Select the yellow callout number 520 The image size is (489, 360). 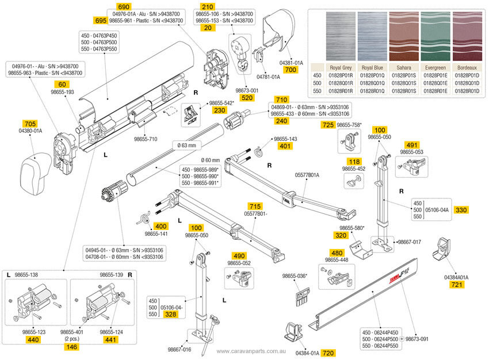click(x=247, y=98)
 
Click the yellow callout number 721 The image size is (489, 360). click(x=456, y=285)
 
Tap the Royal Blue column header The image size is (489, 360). click(x=372, y=67)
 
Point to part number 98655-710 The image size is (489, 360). click(x=145, y=139)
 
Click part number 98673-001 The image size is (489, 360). click(x=247, y=90)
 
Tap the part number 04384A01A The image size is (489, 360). click(x=456, y=277)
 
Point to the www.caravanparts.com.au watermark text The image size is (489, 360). click(x=251, y=351)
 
